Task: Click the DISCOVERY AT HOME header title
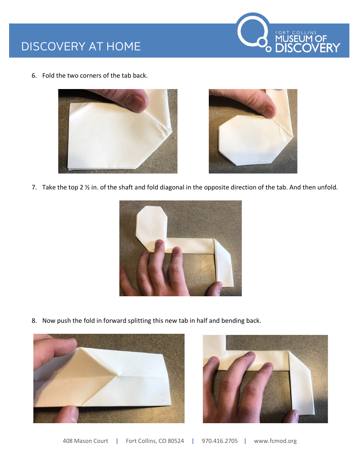click(81, 46)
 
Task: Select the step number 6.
click(34, 75)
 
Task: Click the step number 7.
click(34, 187)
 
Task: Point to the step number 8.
click(34, 321)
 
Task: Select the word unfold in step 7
click(327, 187)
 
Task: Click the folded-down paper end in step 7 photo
click(224, 265)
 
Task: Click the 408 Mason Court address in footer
click(85, 441)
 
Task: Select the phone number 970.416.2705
click(219, 441)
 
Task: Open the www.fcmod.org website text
click(275, 441)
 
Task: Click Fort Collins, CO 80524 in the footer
click(155, 441)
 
